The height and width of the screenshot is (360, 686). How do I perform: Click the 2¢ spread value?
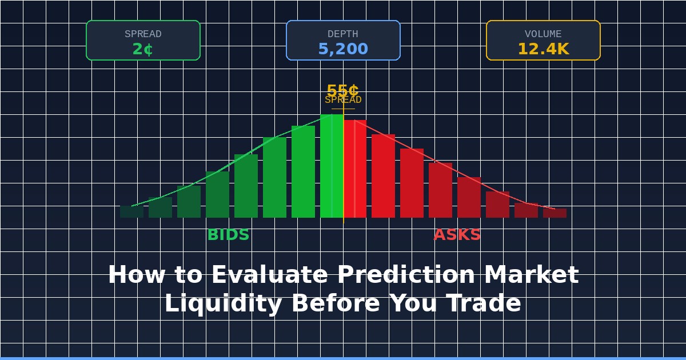pyautogui.click(x=143, y=49)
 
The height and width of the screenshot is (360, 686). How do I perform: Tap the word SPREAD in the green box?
pyautogui.click(x=143, y=34)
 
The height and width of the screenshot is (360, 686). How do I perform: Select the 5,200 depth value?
pyautogui.click(x=343, y=49)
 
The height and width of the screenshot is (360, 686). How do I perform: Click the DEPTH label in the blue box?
pyautogui.click(x=343, y=34)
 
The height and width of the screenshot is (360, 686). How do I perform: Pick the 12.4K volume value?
pyautogui.click(x=543, y=49)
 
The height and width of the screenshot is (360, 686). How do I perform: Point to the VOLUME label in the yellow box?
pyautogui.click(x=543, y=34)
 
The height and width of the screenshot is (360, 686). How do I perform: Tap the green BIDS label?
pyautogui.click(x=228, y=235)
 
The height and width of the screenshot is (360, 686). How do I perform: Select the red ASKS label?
pyautogui.click(x=457, y=235)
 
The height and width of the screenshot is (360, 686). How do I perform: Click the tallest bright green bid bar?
pyautogui.click(x=332, y=166)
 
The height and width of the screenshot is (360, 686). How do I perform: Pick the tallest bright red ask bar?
pyautogui.click(x=355, y=169)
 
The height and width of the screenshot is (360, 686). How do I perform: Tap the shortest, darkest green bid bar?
pyautogui.click(x=131, y=212)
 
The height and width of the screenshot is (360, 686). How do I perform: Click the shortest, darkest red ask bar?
pyautogui.click(x=555, y=213)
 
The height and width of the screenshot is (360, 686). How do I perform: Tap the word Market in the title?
pyautogui.click(x=531, y=275)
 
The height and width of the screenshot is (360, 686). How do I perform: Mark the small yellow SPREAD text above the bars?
pyautogui.click(x=343, y=100)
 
